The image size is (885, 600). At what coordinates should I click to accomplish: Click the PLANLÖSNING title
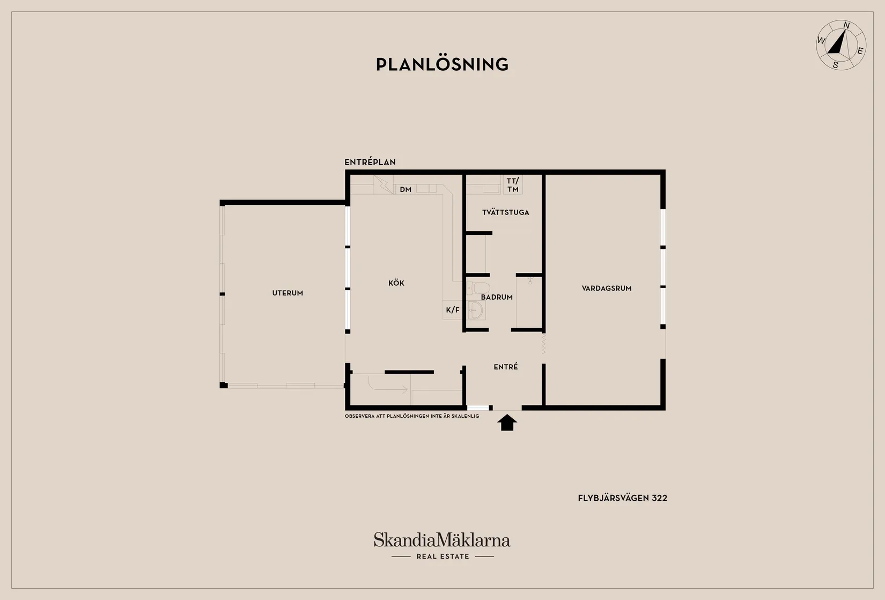pos(442,64)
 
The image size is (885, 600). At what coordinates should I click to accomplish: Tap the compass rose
pos(841,45)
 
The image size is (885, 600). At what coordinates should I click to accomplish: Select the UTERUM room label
pos(287,293)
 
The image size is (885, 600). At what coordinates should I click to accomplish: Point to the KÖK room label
pos(396,283)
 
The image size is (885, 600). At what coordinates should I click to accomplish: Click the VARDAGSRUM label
pos(607,288)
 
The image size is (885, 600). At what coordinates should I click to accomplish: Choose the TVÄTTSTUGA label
pos(505,212)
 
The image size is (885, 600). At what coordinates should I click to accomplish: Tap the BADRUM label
pos(497,297)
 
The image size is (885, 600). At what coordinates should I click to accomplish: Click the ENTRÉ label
pos(505,367)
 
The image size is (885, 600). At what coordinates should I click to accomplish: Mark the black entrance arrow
pos(507,422)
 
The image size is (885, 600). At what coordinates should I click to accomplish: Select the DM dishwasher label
pos(405,190)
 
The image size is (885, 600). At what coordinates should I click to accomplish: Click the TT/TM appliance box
pos(513,185)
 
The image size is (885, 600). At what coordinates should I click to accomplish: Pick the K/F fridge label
pos(452,310)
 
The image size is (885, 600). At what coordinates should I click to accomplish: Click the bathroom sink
pos(475,310)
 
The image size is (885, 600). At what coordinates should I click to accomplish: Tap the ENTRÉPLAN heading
pos(370,162)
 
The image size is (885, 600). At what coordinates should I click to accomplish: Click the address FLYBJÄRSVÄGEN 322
pos(622,498)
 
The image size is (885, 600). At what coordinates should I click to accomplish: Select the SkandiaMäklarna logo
pos(442,540)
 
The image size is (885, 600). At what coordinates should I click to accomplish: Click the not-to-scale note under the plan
pos(412,416)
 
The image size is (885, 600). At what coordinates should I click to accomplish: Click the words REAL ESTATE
pos(443,556)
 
